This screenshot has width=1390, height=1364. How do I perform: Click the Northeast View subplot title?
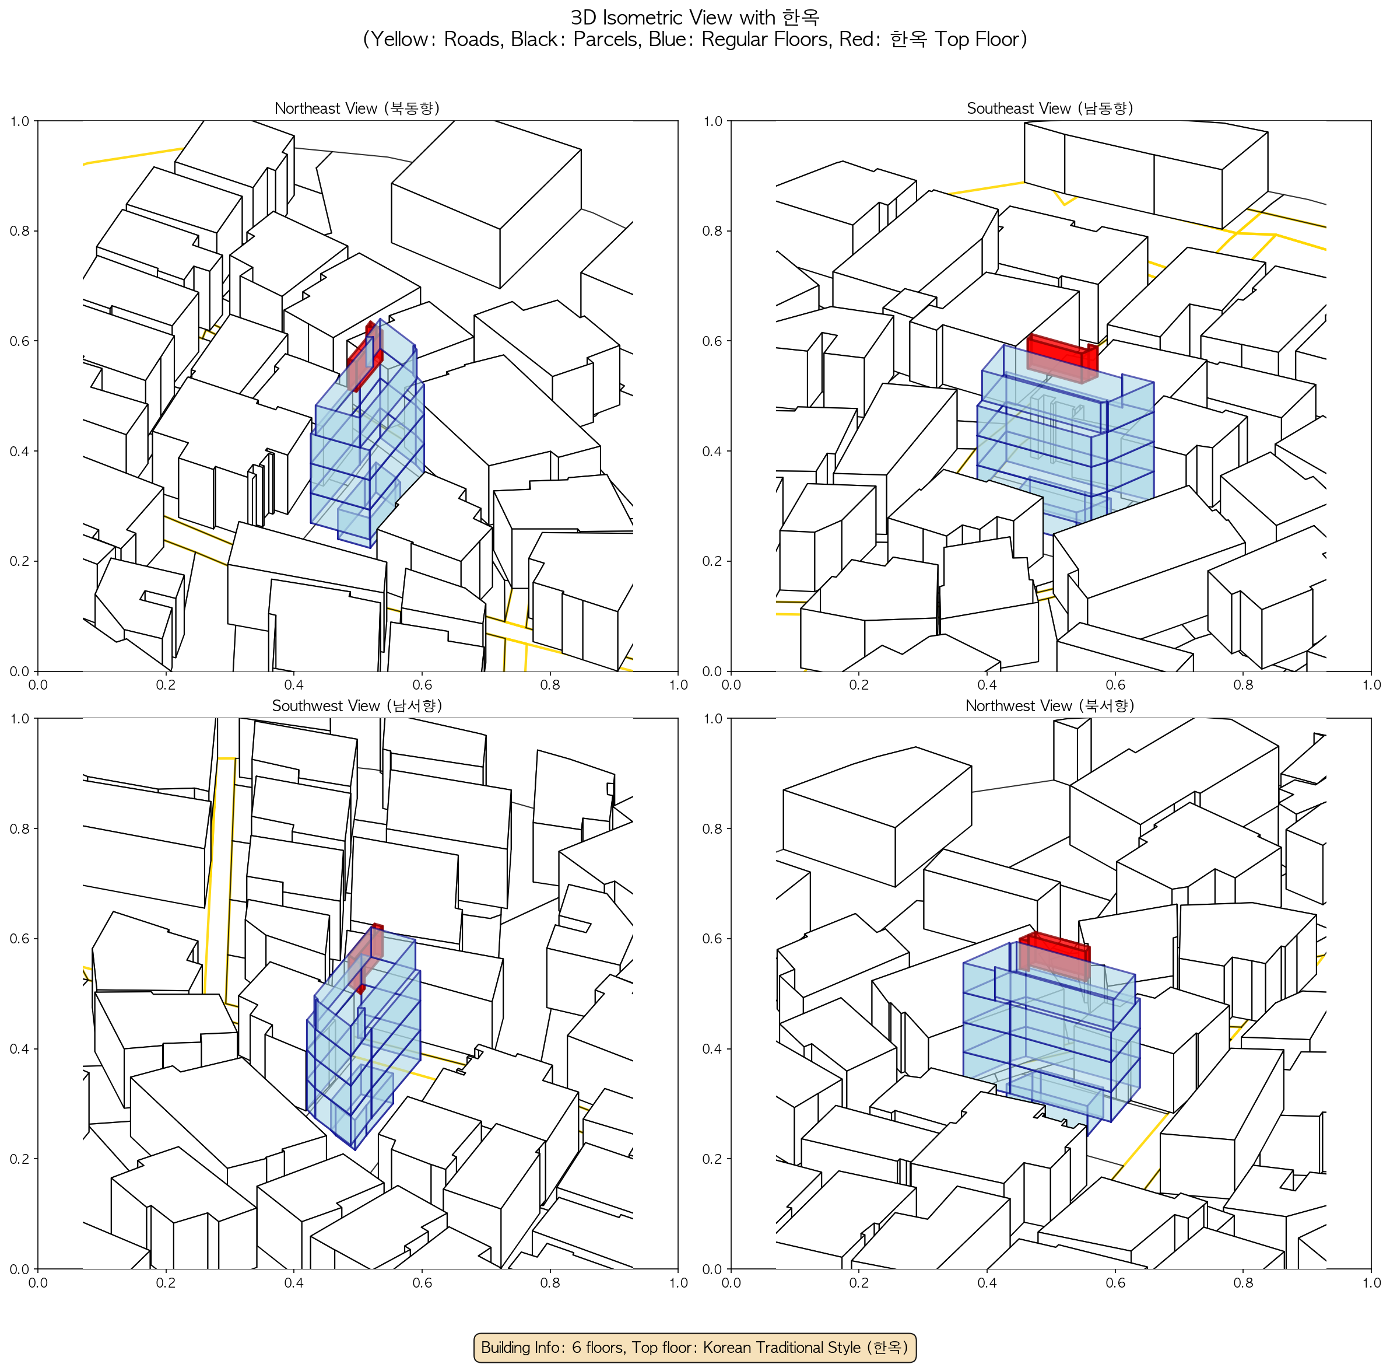(x=357, y=108)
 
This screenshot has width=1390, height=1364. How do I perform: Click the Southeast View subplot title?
(x=1050, y=108)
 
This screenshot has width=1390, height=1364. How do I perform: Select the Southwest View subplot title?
(x=357, y=706)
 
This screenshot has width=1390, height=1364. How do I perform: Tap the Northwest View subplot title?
(x=1050, y=706)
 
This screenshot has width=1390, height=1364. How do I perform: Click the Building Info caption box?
(x=694, y=1347)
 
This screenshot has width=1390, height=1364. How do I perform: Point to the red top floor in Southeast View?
(x=1062, y=358)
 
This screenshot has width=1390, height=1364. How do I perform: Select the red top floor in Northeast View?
(x=364, y=355)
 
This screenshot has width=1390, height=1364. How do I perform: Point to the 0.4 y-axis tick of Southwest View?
(x=19, y=1049)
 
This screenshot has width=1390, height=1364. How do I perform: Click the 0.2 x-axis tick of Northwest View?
(x=859, y=1282)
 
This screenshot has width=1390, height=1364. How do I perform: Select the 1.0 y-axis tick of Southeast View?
(x=712, y=121)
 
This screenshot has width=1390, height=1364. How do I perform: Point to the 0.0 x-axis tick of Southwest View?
(x=38, y=1282)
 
